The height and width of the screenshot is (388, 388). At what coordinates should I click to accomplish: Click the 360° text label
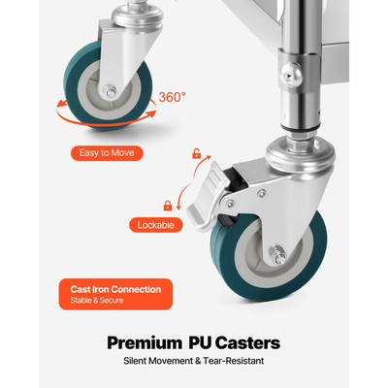click(172, 97)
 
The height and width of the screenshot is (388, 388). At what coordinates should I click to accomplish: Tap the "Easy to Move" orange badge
click(107, 153)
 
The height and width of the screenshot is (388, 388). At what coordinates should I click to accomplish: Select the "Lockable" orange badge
click(156, 225)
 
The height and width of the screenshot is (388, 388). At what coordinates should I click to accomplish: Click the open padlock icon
click(196, 153)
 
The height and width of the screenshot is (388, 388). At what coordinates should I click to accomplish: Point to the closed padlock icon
click(168, 206)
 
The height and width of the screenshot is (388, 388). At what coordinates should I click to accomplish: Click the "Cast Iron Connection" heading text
click(115, 289)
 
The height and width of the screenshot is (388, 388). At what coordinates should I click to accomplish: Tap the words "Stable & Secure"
click(97, 301)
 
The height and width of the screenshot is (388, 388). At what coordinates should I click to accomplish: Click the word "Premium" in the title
click(145, 343)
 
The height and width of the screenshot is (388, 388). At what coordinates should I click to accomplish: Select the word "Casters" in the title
click(247, 342)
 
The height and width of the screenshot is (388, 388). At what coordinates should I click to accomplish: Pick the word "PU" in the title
click(200, 342)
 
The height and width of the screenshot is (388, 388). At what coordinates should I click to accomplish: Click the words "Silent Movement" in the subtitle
click(158, 361)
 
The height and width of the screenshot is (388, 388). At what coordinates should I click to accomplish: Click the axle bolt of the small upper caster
click(111, 91)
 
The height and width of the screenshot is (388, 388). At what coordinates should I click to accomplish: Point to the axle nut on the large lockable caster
click(278, 255)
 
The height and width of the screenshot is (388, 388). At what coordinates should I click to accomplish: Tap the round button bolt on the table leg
click(291, 75)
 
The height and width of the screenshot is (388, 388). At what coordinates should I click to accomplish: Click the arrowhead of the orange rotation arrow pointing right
click(152, 113)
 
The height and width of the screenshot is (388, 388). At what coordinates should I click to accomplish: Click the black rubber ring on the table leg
click(301, 127)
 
